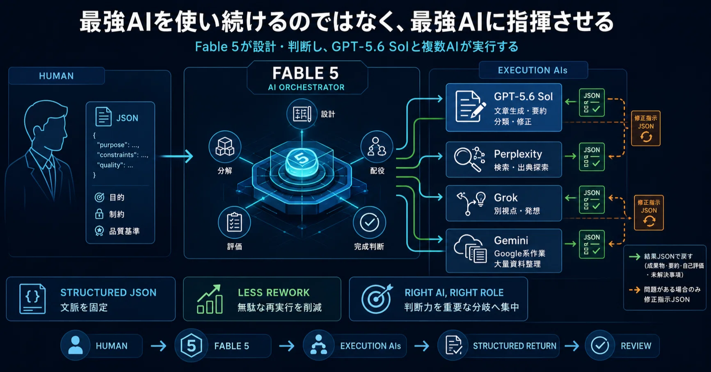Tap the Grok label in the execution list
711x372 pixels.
(505, 198)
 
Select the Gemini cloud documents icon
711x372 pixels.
(470, 249)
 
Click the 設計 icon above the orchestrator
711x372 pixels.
(302, 114)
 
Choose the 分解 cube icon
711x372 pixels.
(225, 146)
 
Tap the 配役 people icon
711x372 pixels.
(377, 147)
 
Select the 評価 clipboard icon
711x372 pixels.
(234, 223)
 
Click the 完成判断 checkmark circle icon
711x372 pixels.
(369, 222)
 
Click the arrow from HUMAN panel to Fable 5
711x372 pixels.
(176, 156)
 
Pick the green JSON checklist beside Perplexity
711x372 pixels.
(592, 157)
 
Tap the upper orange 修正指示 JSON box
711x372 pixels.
(646, 128)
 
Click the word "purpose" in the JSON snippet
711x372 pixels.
(111, 145)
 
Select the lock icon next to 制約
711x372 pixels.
(99, 214)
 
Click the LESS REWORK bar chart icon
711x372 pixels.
(210, 299)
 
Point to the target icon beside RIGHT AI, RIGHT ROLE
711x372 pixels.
(377, 299)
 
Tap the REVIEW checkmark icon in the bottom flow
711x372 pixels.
(600, 346)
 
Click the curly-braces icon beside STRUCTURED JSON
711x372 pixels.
(32, 299)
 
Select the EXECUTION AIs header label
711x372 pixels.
(533, 70)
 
